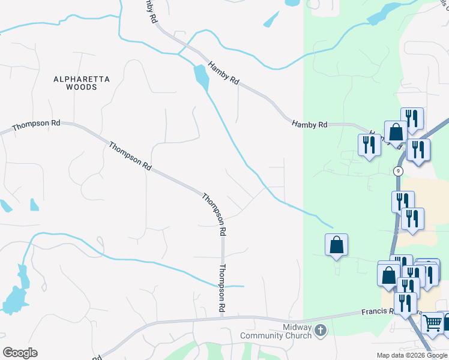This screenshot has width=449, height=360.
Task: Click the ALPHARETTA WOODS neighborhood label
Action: pyautogui.click(x=75, y=83)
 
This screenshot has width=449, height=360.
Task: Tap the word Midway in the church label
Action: pyautogui.click(x=298, y=327)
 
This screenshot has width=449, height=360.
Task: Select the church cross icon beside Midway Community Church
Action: pyautogui.click(x=321, y=329)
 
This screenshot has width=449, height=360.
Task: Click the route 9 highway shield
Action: pyautogui.click(x=398, y=171)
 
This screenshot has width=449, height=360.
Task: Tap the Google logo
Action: pyautogui.click(x=20, y=352)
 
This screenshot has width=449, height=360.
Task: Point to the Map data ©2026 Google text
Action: pyautogui.click(x=412, y=355)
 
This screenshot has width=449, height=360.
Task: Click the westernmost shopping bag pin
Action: pyautogui.click(x=337, y=244)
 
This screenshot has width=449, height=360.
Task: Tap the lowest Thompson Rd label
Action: pyautogui.click(x=221, y=288)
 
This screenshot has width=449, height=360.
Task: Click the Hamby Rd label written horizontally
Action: pyautogui.click(x=309, y=125)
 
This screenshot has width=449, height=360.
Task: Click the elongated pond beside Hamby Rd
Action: pyautogui.click(x=200, y=76)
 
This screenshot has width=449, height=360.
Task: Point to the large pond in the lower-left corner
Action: pyautogui.click(x=13, y=298)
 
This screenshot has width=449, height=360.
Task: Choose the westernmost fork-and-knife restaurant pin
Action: pyautogui.click(x=369, y=145)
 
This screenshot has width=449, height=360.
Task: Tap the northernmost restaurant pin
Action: pyautogui.click(x=412, y=118)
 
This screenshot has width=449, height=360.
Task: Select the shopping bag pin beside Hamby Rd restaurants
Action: pyautogui.click(x=396, y=131)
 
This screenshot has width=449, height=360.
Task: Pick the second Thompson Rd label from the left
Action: pyautogui.click(x=130, y=155)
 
